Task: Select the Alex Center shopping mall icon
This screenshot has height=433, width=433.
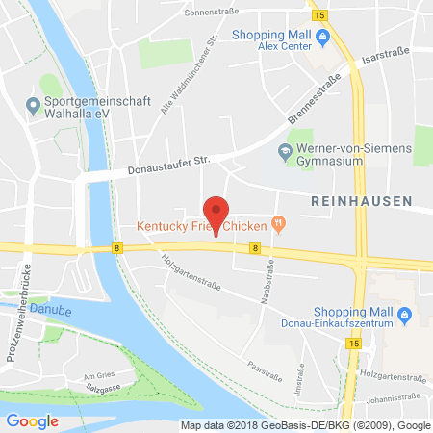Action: [x=323, y=38]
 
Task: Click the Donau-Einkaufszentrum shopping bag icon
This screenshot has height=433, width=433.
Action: [x=405, y=313]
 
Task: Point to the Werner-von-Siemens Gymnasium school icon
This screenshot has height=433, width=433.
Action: [x=283, y=150]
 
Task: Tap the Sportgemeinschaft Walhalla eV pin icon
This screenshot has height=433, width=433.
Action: [x=33, y=103]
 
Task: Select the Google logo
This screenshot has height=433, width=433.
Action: [x=32, y=420]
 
